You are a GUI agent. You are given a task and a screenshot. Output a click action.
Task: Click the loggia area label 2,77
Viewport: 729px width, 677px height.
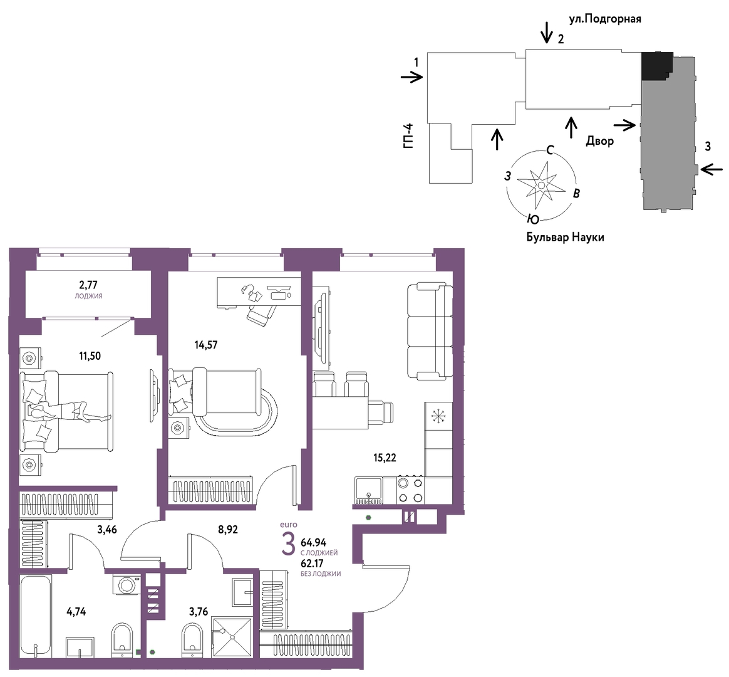pos(88,285)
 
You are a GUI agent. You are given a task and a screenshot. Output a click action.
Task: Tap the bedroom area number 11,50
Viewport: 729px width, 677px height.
pos(90,356)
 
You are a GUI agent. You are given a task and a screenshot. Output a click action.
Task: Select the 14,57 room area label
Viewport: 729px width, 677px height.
pos(206,345)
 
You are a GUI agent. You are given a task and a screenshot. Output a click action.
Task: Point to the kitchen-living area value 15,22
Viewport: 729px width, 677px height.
pos(385,458)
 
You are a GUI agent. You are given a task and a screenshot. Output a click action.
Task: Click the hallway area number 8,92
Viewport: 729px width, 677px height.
pos(228,530)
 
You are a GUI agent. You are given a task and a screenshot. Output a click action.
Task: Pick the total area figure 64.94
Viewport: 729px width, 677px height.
pos(314,542)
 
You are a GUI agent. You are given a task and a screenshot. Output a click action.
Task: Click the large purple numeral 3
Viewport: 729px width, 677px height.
pos(288,545)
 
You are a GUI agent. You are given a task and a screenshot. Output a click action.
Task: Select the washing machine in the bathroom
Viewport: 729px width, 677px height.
pos(127,584)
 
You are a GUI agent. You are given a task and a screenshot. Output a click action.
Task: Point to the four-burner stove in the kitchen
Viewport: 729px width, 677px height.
pos(410,490)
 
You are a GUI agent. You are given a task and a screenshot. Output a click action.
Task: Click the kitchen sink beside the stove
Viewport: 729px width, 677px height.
pos(369,490)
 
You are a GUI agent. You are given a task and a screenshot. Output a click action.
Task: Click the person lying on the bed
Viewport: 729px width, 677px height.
pos(70,411)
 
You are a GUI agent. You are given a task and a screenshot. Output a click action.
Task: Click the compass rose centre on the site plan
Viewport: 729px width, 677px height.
pos(541,185)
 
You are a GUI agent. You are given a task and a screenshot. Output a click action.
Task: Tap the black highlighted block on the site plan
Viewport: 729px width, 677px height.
pos(657,66)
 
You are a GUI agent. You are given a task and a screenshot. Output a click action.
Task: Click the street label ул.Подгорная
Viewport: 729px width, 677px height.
pos(606,19)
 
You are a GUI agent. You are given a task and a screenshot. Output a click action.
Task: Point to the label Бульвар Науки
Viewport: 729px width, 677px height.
pos(566,238)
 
